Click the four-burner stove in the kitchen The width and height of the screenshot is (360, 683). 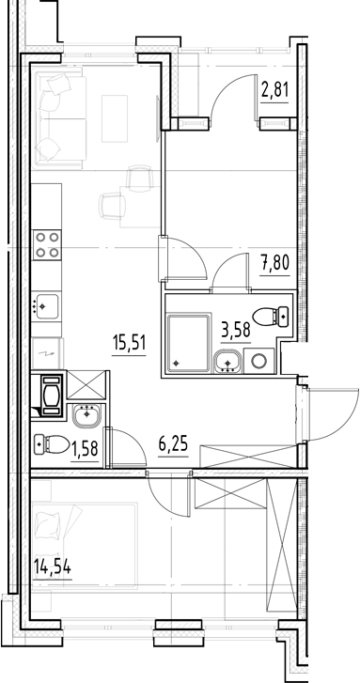pyautogui.click(x=47, y=245)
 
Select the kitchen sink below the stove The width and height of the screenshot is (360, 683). pyautogui.click(x=46, y=304)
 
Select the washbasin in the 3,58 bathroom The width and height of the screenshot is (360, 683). pyautogui.click(x=227, y=360)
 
